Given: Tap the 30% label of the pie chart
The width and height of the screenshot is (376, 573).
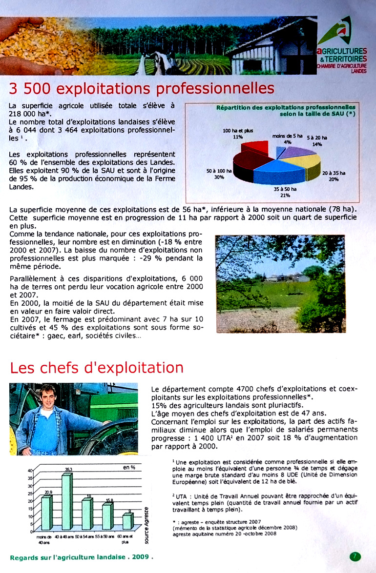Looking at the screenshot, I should tap(219, 178).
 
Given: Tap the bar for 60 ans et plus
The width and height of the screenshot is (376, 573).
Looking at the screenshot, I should tap(127, 521).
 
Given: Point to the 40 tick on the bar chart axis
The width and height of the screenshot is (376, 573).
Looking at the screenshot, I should tap(30, 471).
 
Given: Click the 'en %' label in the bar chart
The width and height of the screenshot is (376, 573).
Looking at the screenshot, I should tap(129, 467).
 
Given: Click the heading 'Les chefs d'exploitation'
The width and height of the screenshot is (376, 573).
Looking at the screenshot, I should tap(97, 367).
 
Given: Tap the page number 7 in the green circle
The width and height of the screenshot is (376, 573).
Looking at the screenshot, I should tap(355, 556).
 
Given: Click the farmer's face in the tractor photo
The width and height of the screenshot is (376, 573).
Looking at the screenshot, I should tap(47, 396).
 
